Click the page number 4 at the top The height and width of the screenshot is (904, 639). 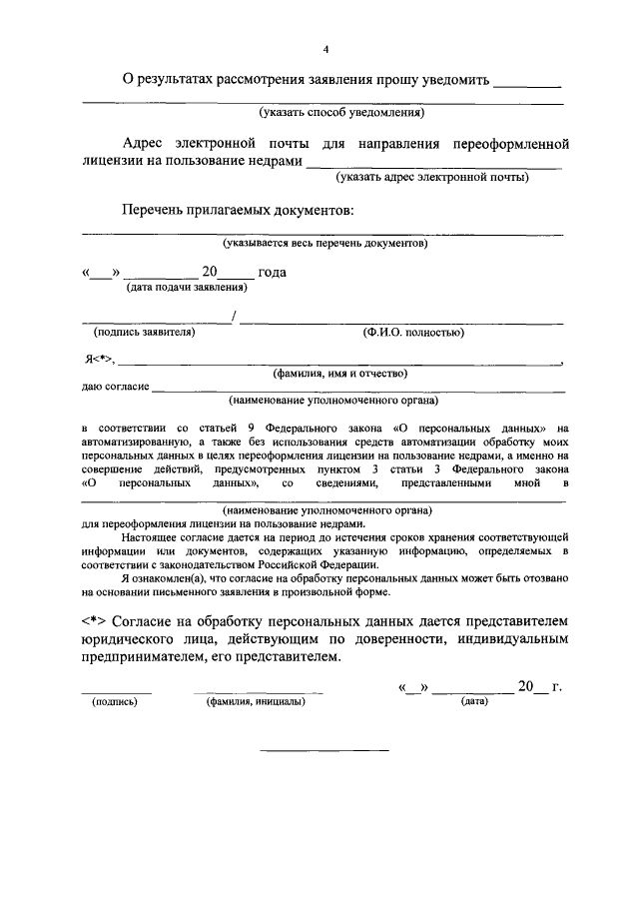pyautogui.click(x=325, y=49)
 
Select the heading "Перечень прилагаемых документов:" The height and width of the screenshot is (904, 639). pyautogui.click(x=238, y=212)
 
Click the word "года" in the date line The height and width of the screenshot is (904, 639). pyautogui.click(x=273, y=272)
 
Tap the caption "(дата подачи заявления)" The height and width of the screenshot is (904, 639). pyautogui.click(x=186, y=288)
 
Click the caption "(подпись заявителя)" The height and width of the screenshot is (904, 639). pyautogui.click(x=144, y=332)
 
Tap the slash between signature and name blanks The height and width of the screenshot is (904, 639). pyautogui.click(x=233, y=318)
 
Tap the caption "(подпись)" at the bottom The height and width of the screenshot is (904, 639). pyautogui.click(x=115, y=701)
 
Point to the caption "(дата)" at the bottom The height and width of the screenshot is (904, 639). pyautogui.click(x=473, y=701)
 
